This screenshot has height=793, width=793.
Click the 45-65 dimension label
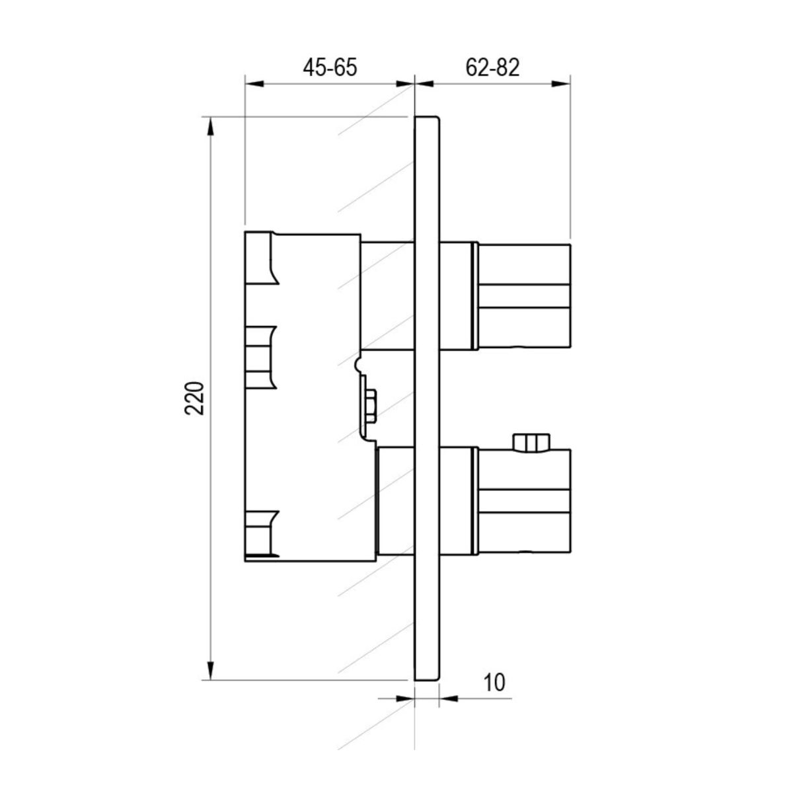coord(330,67)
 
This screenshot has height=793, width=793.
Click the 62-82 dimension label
coord(492,67)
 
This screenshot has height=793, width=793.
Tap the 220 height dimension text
coord(195,398)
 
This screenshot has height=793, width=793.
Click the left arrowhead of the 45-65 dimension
coord(254,84)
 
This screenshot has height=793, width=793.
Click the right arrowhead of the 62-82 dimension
coord(561,84)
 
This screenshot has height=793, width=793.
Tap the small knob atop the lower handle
coord(531,443)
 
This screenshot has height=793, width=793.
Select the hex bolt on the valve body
coord(370,406)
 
